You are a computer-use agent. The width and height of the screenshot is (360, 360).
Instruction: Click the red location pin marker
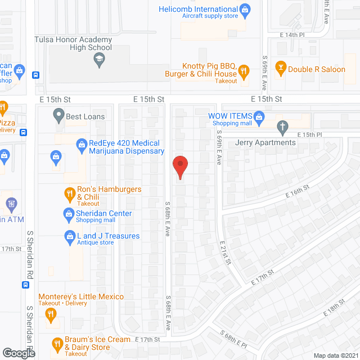point(180,167)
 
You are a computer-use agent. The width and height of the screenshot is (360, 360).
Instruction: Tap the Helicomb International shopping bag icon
point(245,9)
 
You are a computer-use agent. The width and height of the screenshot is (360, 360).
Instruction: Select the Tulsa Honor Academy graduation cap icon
point(100,60)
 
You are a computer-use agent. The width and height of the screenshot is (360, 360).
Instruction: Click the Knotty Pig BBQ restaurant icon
point(244,70)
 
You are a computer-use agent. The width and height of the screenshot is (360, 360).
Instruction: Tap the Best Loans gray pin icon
point(58,116)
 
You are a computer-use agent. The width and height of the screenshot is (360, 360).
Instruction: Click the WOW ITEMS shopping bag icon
point(259,116)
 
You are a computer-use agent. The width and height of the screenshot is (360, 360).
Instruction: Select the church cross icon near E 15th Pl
point(283,127)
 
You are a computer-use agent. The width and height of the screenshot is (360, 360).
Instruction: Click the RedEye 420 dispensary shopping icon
point(81,143)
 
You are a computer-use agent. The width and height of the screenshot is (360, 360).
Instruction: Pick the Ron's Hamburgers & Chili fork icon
point(69,194)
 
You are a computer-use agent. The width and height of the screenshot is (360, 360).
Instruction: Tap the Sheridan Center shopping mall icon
point(69,213)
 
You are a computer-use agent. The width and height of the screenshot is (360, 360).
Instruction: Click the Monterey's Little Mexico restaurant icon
point(51,314)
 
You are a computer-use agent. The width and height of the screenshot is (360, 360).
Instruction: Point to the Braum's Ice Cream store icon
point(57,343)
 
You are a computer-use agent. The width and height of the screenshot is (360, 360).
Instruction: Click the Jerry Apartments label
point(265,142)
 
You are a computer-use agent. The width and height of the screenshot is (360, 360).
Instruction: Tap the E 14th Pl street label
point(292,35)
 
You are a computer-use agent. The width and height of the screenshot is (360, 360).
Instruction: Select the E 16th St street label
point(298,192)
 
